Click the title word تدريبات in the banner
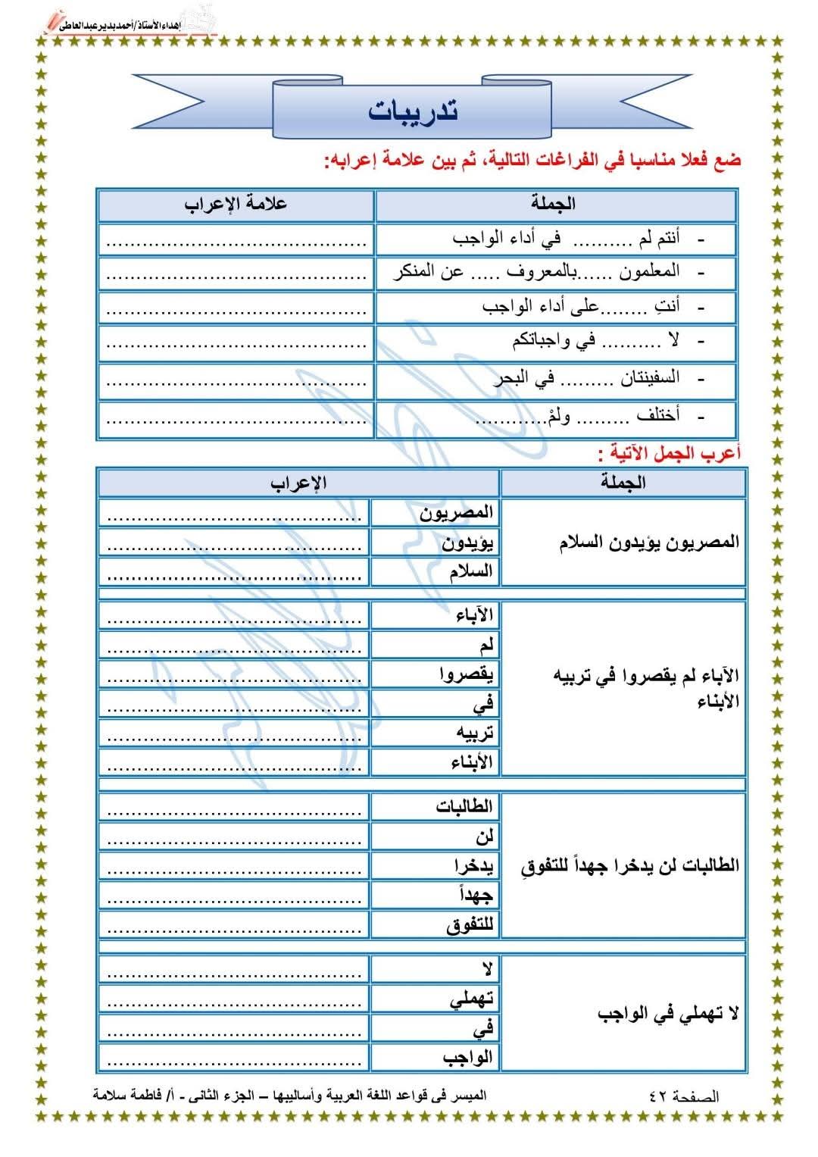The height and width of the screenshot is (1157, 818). click(x=413, y=111)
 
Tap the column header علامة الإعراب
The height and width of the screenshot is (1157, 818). click(x=236, y=205)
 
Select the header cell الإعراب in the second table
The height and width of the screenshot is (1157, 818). click(x=298, y=483)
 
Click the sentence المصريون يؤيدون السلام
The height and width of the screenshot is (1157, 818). click(x=649, y=543)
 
